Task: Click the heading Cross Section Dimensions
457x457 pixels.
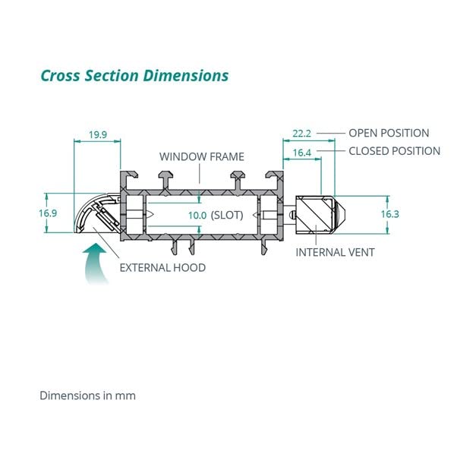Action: (134, 76)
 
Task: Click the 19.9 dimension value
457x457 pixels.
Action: (97, 135)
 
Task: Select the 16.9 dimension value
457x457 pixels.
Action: (48, 213)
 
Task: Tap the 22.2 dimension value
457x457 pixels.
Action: (302, 133)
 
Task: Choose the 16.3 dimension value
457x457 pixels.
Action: (389, 214)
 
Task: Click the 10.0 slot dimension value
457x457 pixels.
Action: (197, 215)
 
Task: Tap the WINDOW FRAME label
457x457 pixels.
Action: (201, 157)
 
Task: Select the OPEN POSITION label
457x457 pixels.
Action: (389, 133)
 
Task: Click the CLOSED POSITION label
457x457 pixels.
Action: (394, 151)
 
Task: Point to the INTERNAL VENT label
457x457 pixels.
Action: (335, 252)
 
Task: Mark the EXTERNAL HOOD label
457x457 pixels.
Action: (162, 267)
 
